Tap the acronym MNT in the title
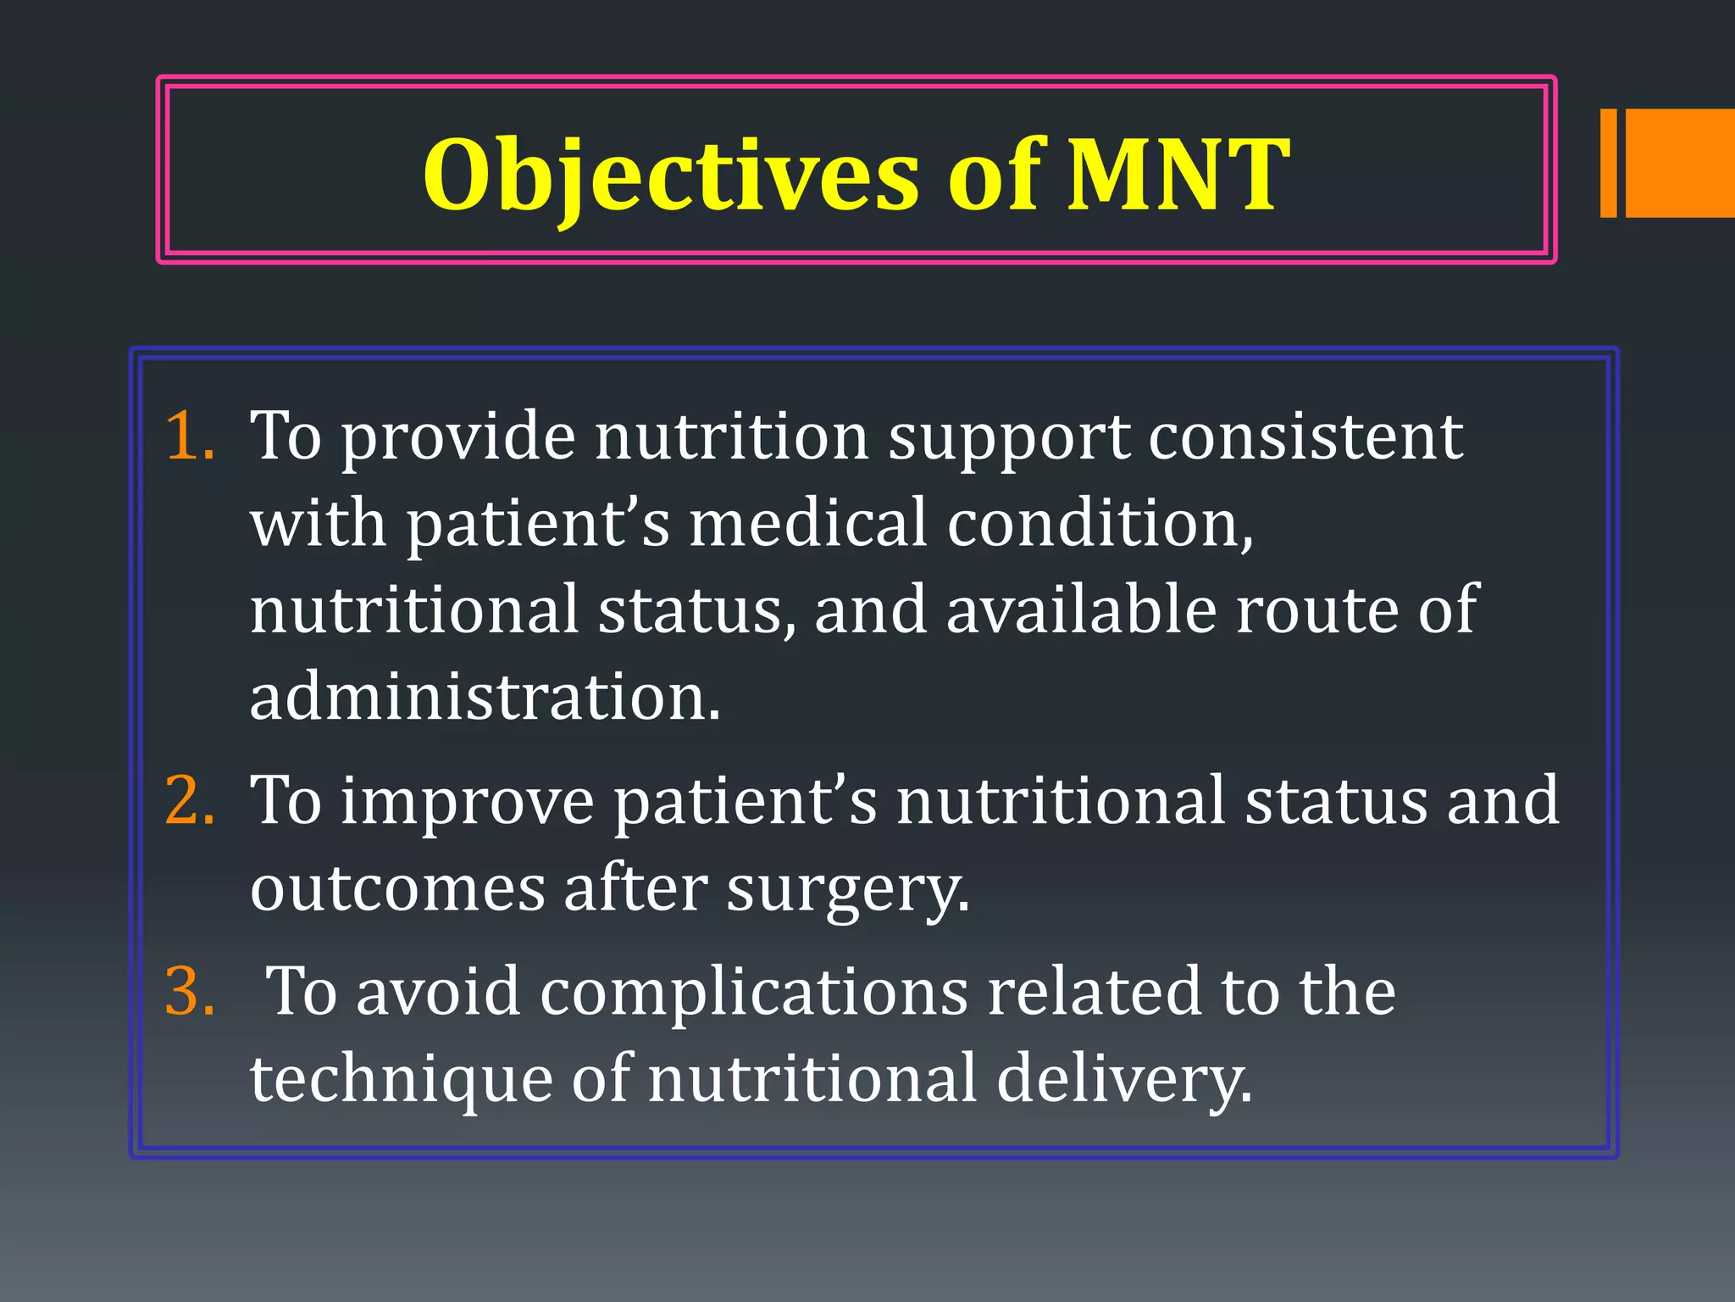click(x=1178, y=175)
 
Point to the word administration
click(x=485, y=697)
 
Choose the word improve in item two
click(x=468, y=801)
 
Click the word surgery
click(x=847, y=890)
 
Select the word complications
click(x=754, y=993)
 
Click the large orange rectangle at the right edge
click(x=1680, y=163)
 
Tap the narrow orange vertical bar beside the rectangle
click(x=1608, y=163)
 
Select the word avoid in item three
click(x=437, y=992)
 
